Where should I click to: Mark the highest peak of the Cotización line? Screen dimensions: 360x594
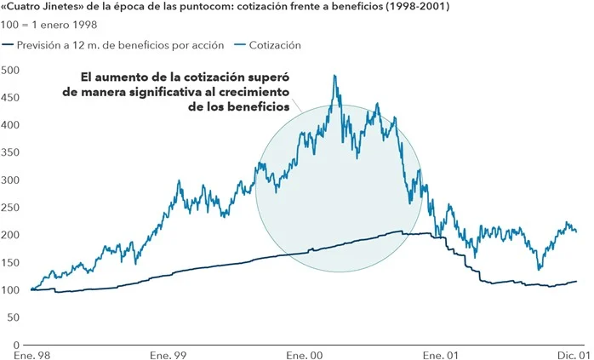point(334,76)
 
